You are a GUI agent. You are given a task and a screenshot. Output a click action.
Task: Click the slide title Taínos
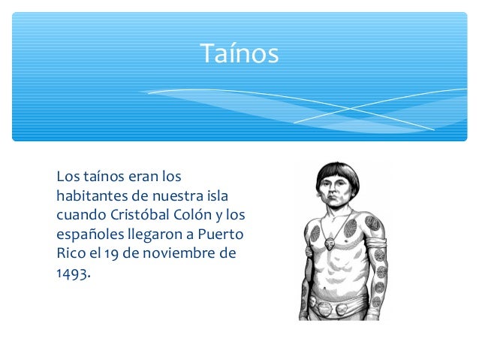[239, 53]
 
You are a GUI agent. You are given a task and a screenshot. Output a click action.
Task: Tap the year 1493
[71, 273]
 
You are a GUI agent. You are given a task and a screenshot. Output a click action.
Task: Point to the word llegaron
[155, 234]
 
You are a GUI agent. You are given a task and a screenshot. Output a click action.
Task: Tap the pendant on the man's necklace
[331, 244]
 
